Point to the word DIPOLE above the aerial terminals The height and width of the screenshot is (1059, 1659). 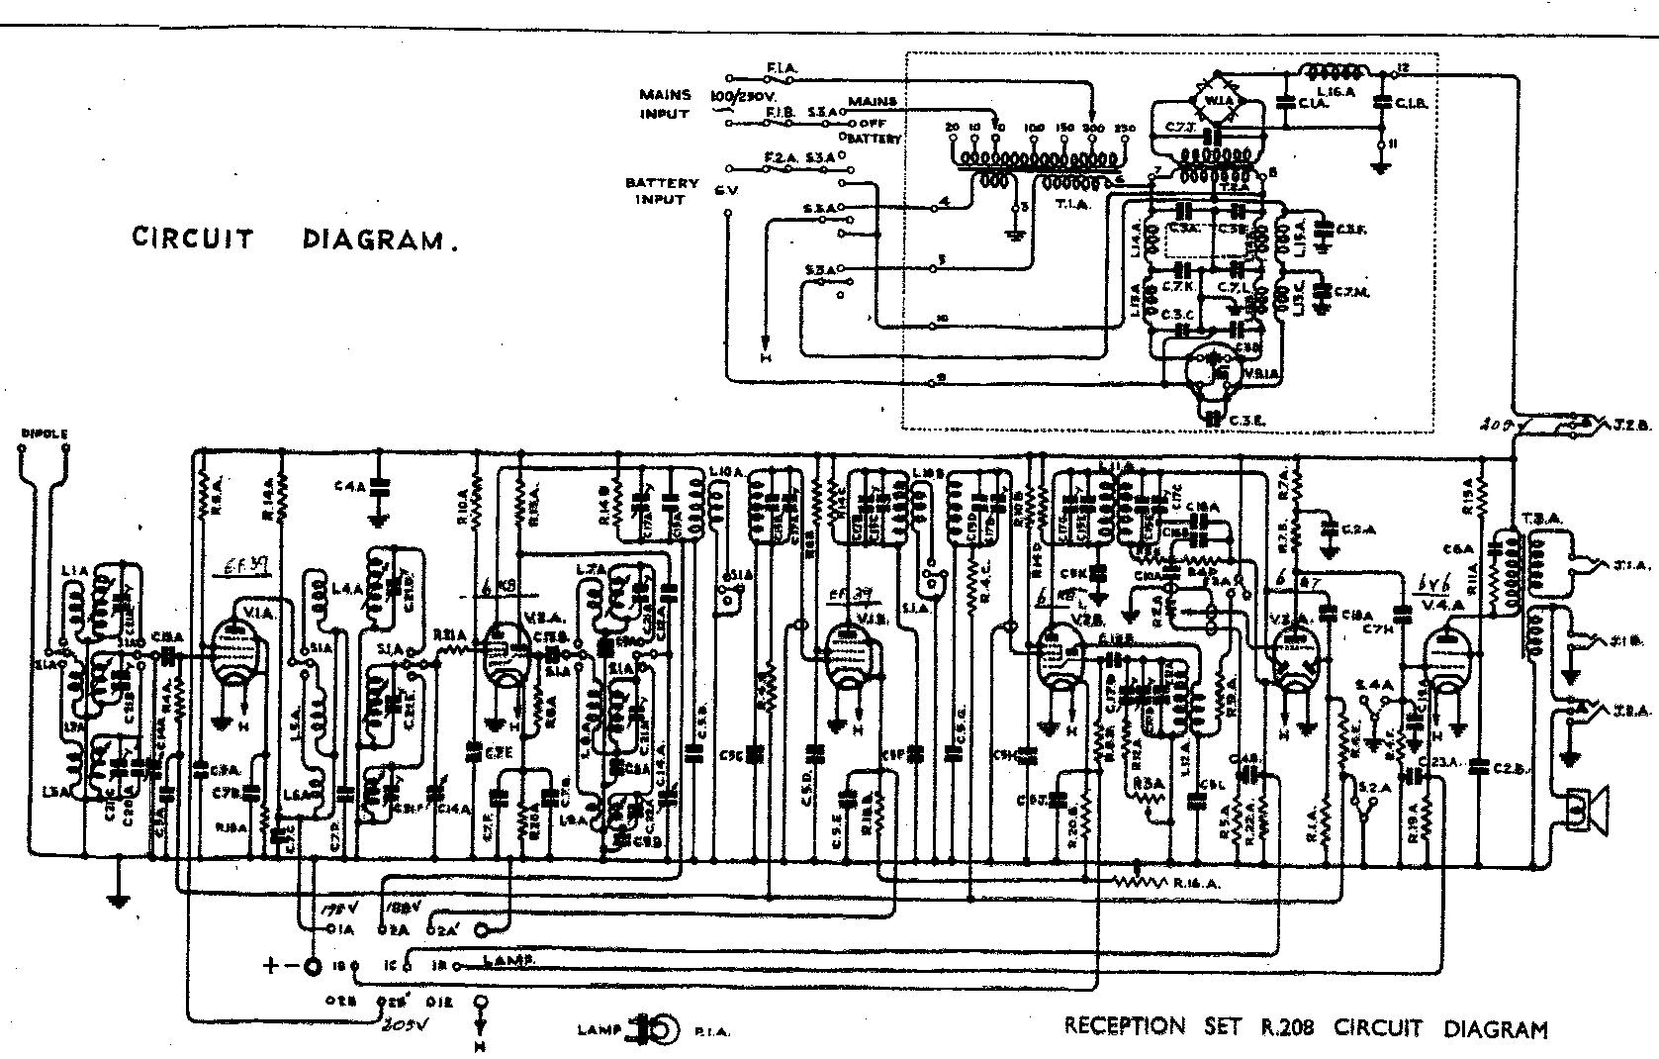click(x=44, y=433)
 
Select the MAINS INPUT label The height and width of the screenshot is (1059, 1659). click(x=664, y=104)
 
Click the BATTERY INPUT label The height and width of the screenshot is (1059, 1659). click(x=662, y=191)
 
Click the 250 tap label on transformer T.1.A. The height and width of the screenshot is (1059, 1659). click(x=1124, y=129)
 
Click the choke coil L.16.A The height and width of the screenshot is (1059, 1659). click(x=1333, y=71)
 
